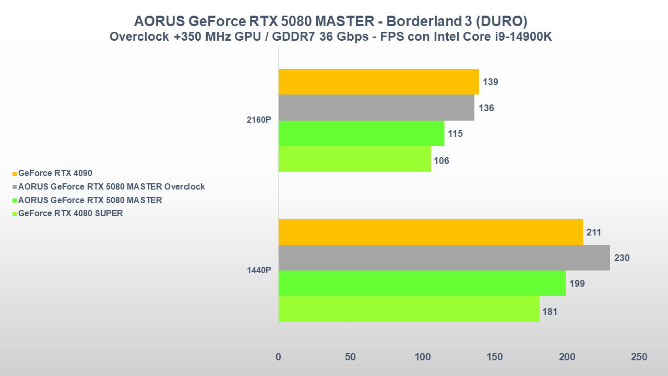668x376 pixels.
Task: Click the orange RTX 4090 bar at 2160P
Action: pos(378,82)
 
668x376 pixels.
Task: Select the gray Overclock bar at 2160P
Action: pos(376,108)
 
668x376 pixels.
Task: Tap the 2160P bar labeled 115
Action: pos(361,134)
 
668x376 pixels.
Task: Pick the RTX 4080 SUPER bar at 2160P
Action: pos(354,159)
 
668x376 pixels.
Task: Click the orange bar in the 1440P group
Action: pos(431,232)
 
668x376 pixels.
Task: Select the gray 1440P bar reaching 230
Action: pos(444,258)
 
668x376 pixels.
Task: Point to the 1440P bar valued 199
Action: pos(422,284)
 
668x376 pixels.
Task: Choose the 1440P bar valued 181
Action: pos(409,309)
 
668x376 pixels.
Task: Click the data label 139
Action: pos(491,82)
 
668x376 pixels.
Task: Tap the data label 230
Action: pos(622,258)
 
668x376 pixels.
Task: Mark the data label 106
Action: pos(442,160)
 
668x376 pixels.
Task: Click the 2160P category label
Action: pos(259,120)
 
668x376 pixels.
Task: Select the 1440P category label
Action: pos(259,271)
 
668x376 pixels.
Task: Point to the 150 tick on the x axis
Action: pos(495,357)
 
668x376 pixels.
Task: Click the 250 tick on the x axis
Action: pos(639,357)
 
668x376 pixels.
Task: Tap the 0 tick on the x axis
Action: pos(278,357)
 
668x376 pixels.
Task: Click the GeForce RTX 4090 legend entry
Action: pos(55,173)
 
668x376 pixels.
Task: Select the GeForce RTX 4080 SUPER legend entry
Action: pos(70,213)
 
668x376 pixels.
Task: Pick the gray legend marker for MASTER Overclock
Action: pos(15,187)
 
